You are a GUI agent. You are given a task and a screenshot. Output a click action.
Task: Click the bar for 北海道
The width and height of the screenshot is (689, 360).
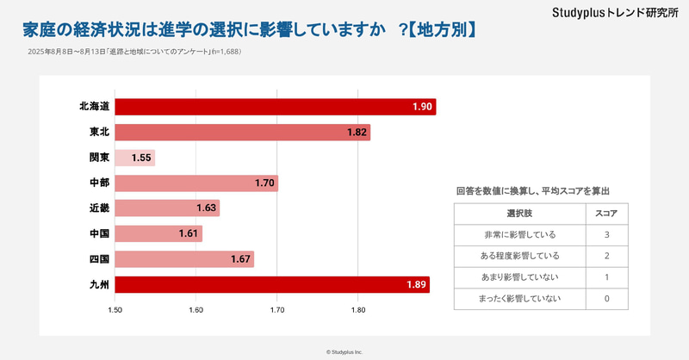pyautogui.click(x=275, y=107)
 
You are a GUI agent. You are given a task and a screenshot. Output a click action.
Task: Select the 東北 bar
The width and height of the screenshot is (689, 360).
pyautogui.click(x=242, y=133)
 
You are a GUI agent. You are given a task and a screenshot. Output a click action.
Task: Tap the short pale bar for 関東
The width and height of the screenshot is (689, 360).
pyautogui.click(x=134, y=158)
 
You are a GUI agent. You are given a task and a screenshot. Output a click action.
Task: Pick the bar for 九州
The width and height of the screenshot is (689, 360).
pyautogui.click(x=271, y=285)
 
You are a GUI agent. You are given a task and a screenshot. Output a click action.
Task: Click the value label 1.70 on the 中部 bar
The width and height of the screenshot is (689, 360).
pyautogui.click(x=265, y=183)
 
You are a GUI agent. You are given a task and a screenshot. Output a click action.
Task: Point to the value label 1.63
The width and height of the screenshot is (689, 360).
pyautogui.click(x=207, y=208)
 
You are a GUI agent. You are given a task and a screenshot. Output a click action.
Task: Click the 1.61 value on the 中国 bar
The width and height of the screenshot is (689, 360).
pyautogui.click(x=189, y=234)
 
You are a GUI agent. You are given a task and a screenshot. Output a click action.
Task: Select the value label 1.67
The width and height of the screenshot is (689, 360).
pyautogui.click(x=240, y=259)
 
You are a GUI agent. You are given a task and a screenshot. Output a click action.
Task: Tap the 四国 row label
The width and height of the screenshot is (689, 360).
pyautogui.click(x=99, y=259)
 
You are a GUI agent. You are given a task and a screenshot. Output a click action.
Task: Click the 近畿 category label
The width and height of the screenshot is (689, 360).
pyautogui.click(x=99, y=208)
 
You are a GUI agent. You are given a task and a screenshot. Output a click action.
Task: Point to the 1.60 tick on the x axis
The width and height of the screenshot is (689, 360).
pyautogui.click(x=196, y=309)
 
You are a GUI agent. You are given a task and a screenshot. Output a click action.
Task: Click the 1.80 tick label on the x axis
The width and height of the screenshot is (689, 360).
pyautogui.click(x=358, y=309)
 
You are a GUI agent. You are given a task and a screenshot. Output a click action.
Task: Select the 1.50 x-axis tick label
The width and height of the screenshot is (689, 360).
pyautogui.click(x=115, y=309)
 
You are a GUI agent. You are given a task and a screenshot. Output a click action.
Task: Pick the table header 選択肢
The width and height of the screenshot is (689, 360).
pyautogui.click(x=519, y=213)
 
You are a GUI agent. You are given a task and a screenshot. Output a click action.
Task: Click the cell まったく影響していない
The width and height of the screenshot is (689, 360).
pyautogui.click(x=519, y=299)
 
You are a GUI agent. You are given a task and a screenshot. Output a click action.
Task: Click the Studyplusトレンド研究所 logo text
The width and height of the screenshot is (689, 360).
pyautogui.click(x=614, y=13)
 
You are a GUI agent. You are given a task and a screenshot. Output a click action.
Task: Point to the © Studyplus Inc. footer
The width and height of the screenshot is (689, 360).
pyautogui.click(x=344, y=351)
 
